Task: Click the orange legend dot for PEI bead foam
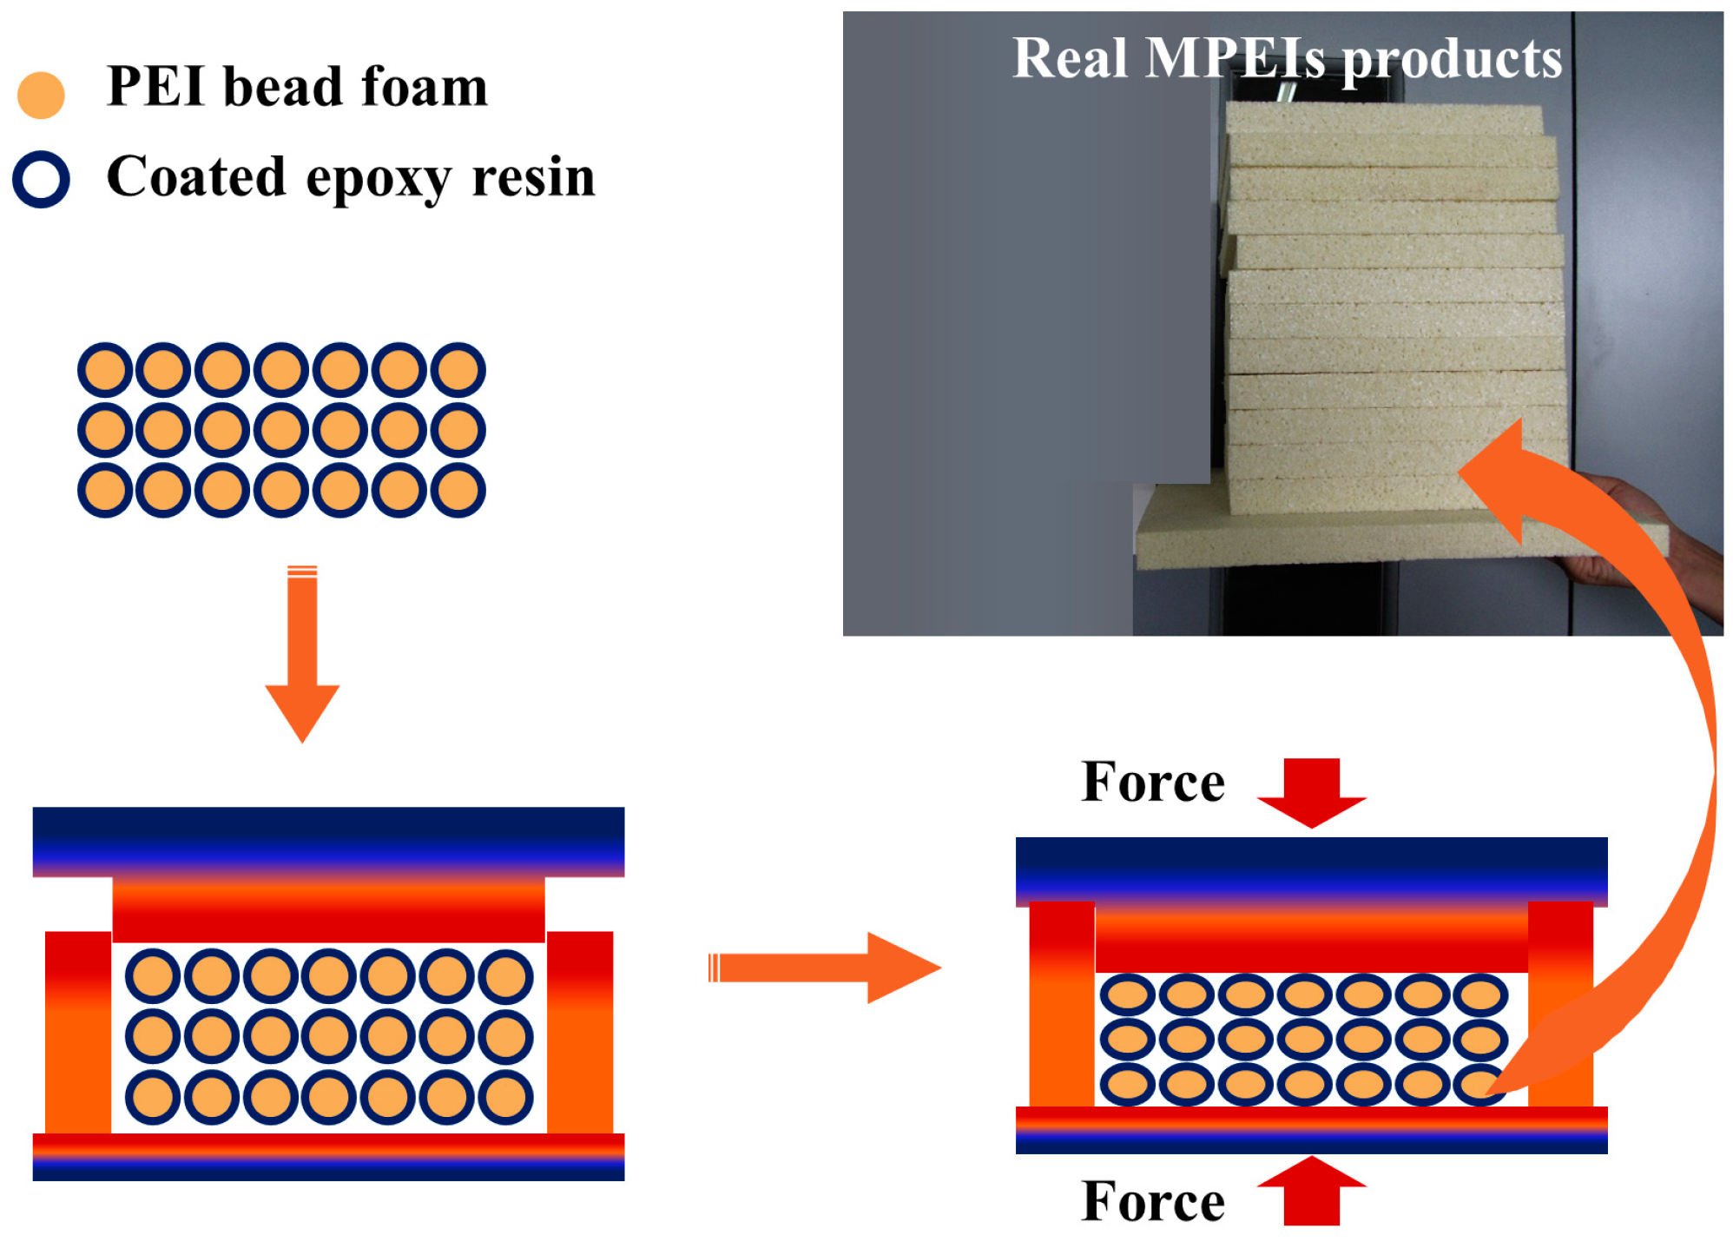(41, 95)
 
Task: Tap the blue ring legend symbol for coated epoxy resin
(41, 180)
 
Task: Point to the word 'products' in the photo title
(1453, 61)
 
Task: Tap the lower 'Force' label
(1152, 1202)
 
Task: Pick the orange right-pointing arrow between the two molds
(825, 968)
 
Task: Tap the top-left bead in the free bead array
(105, 370)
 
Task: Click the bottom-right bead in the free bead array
(458, 490)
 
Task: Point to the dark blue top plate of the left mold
(328, 839)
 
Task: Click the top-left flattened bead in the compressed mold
(1128, 995)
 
